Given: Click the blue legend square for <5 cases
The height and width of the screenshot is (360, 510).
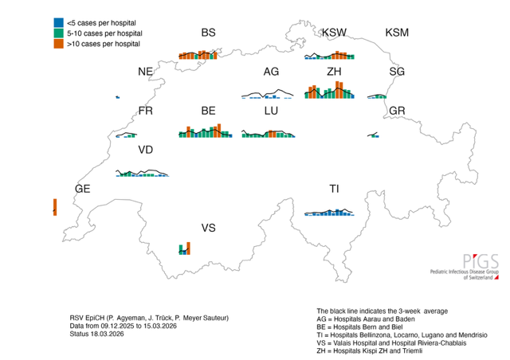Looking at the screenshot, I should point(58,23).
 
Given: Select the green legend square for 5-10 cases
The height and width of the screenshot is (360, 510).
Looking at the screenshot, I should point(58,33).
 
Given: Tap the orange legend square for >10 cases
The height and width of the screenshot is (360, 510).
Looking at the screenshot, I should point(58,44).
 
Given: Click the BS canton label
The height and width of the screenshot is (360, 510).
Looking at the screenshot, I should point(208,33).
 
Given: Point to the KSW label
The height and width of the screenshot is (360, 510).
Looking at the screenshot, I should point(335,33).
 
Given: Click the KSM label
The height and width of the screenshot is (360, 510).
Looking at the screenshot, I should point(397,33).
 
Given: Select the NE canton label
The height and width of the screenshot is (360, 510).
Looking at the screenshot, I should point(145,72).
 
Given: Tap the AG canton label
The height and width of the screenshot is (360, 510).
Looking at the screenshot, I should point(271,72).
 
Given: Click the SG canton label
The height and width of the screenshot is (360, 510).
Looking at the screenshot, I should point(397,72).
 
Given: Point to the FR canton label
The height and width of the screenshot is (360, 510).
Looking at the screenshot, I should point(146,111).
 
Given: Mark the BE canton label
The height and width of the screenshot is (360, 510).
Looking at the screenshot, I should point(208,111).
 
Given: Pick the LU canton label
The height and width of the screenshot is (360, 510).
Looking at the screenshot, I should point(271,111).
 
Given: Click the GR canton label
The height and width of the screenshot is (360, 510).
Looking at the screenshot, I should point(397,111).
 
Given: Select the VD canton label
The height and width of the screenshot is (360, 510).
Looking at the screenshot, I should point(146,150).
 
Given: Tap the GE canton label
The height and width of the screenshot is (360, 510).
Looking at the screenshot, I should point(83,189).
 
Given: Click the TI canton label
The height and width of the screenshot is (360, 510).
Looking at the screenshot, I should point(335,189).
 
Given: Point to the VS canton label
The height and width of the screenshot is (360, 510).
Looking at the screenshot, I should point(208,228).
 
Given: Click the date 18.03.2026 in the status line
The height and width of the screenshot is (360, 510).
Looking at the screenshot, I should point(108,334).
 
